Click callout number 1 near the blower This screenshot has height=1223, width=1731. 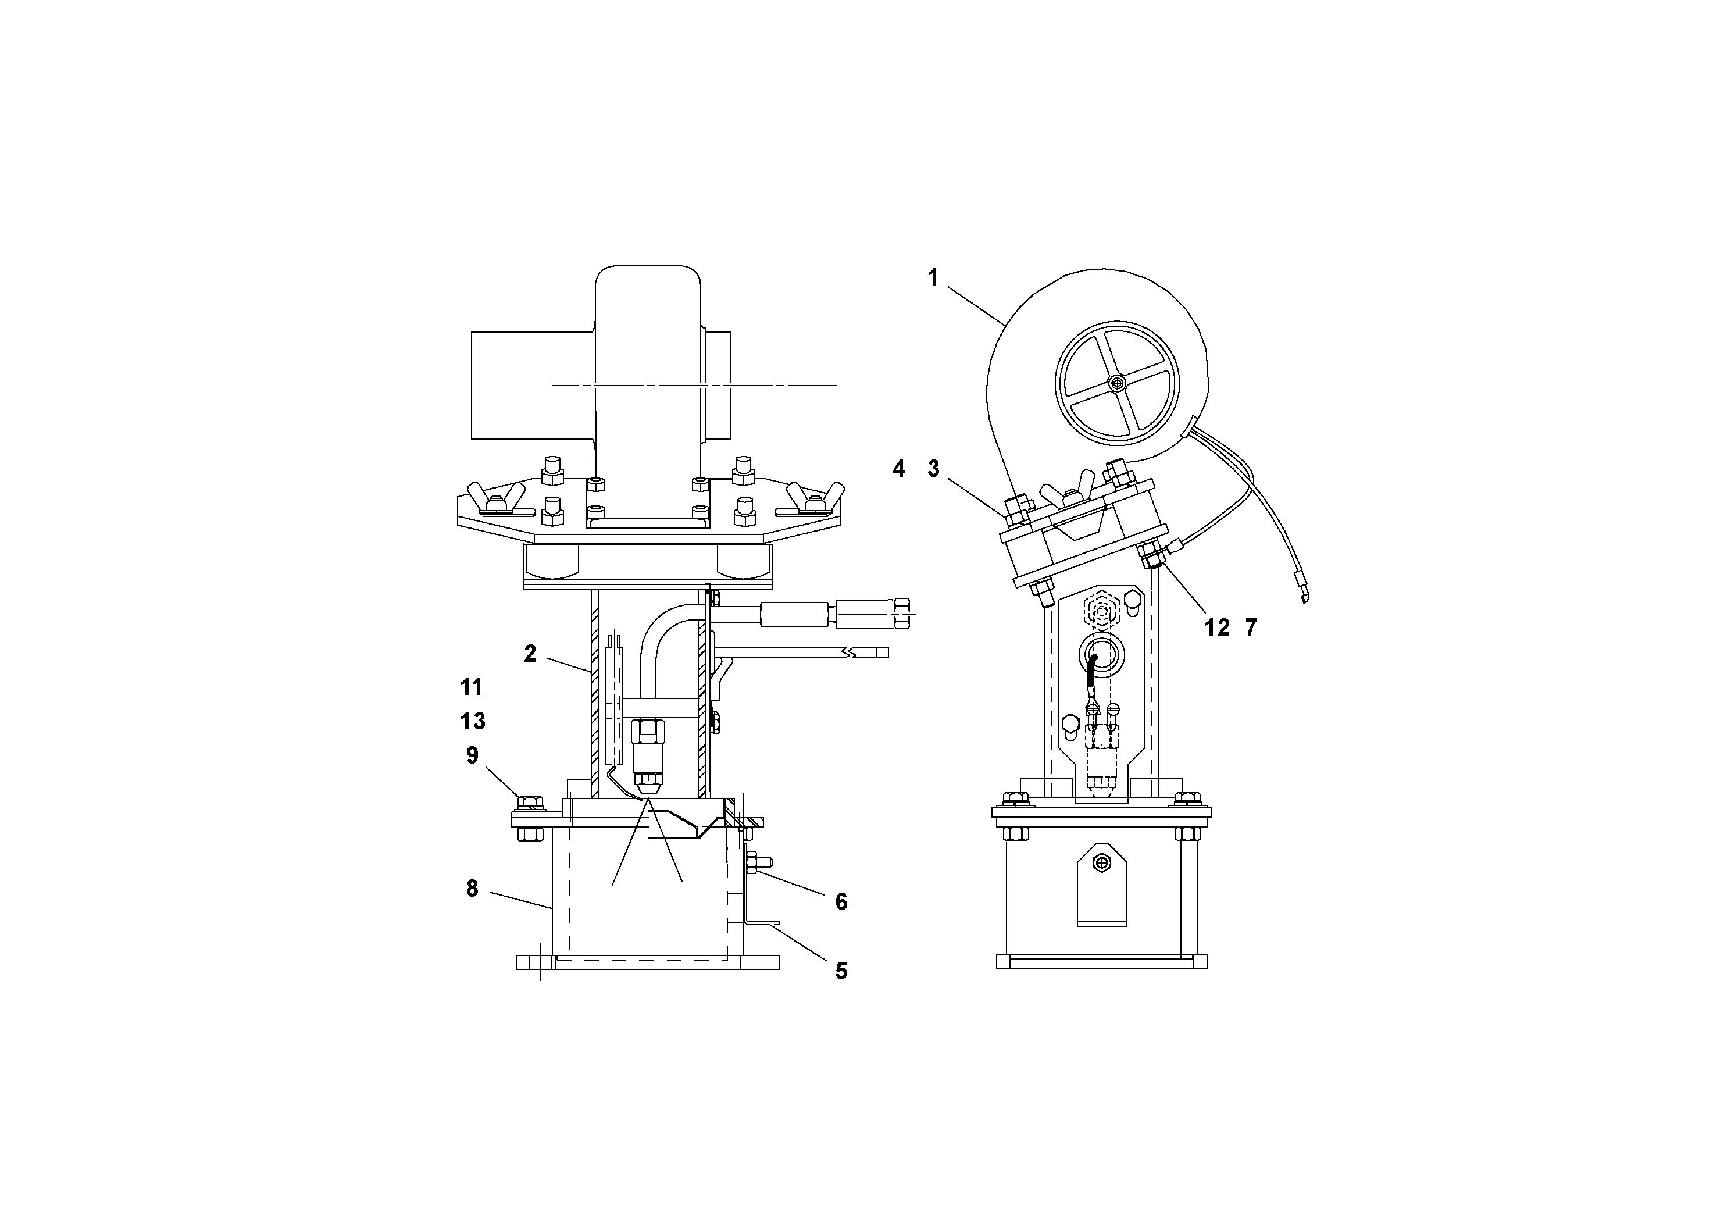click(933, 278)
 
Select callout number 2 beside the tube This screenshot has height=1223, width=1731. click(530, 654)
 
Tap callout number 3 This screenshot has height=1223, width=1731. click(933, 469)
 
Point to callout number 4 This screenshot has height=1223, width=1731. click(899, 469)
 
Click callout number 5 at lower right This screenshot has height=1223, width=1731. click(841, 971)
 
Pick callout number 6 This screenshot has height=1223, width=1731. click(841, 902)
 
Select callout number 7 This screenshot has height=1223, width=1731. click(1251, 627)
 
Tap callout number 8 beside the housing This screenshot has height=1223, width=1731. click(472, 889)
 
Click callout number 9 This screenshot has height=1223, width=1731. click(472, 755)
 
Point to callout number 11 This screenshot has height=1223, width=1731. click(472, 687)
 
